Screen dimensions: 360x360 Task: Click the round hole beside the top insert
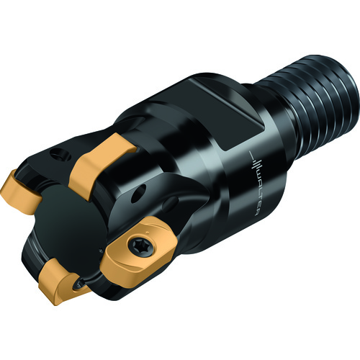(x=59, y=155)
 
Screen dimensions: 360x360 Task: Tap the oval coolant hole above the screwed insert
(x=139, y=194)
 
